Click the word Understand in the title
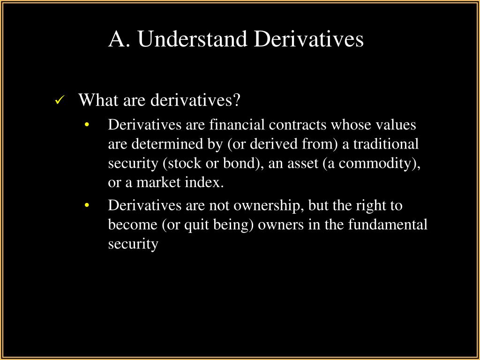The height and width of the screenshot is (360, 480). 192,39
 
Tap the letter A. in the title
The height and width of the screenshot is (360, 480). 119,39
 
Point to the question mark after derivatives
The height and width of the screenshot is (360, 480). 236,99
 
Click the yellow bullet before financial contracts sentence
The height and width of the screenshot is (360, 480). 87,125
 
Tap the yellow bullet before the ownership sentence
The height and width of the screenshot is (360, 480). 87,205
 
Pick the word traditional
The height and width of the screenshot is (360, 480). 386,144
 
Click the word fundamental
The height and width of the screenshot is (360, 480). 388,225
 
